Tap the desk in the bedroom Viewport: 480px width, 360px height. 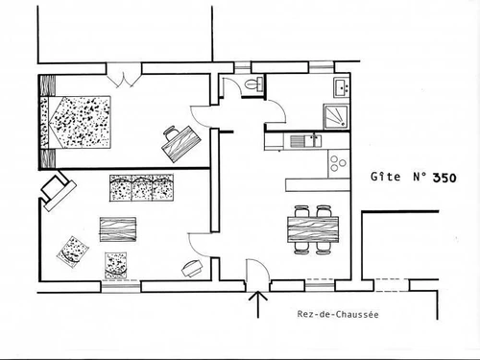pyautogui.click(x=179, y=141)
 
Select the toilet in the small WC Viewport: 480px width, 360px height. pyautogui.click(x=252, y=86)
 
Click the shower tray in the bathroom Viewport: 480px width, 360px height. pyautogui.click(x=337, y=115)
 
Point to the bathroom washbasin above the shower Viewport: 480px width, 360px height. pyautogui.click(x=340, y=88)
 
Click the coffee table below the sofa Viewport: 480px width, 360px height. pyautogui.click(x=119, y=229)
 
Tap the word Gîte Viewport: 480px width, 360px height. pyautogui.click(x=386, y=178)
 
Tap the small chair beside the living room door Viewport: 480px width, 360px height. pyautogui.click(x=191, y=265)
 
